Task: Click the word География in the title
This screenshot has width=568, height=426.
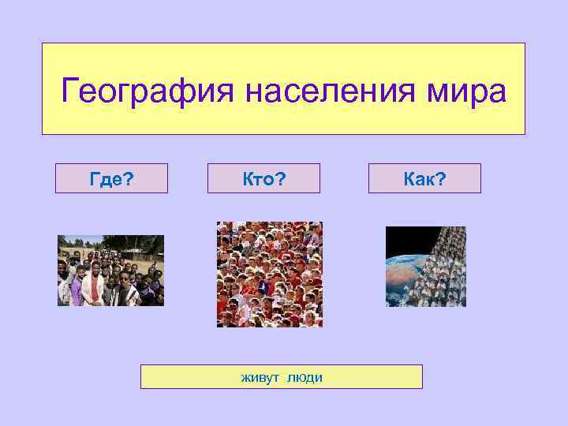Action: click(x=148, y=92)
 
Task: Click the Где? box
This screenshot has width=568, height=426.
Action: click(x=111, y=178)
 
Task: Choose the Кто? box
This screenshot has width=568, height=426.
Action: click(x=263, y=178)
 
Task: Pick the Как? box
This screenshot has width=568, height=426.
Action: click(x=424, y=178)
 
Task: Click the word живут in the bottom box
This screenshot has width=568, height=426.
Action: click(x=260, y=377)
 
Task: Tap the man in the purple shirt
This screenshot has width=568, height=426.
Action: click(x=76, y=286)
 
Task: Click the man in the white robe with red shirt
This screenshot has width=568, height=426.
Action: click(x=92, y=286)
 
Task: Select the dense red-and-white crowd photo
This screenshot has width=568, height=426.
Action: click(x=269, y=274)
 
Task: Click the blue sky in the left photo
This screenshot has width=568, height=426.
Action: click(x=79, y=239)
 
